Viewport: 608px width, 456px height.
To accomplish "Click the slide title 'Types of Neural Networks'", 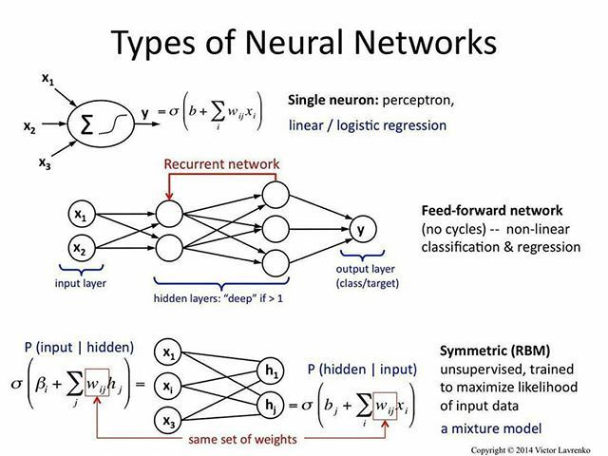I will click(x=304, y=42).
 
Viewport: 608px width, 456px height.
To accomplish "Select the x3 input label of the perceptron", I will click(x=45, y=163).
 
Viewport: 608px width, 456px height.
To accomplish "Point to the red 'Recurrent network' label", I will click(x=221, y=164).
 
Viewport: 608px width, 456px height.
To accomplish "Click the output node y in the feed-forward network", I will click(x=361, y=230).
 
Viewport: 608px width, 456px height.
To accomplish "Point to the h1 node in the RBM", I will click(x=273, y=370).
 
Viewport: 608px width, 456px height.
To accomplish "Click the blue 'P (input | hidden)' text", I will click(x=79, y=347).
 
